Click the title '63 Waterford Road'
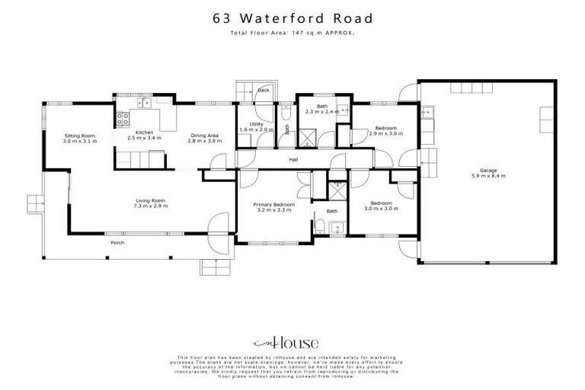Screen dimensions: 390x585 [x=292, y=19]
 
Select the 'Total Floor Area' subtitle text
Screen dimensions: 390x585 [x=292, y=34]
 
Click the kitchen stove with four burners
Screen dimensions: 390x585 [x=123, y=118]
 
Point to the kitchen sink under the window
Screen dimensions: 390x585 [x=141, y=102]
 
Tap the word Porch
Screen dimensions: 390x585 [x=117, y=242]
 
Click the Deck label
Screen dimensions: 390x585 [x=264, y=91]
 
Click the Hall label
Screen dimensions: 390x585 [x=292, y=160]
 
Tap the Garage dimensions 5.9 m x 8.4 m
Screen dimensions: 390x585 [x=488, y=175]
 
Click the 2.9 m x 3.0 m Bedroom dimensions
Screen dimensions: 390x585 [x=385, y=133]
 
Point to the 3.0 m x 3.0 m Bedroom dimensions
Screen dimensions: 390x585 [x=381, y=209]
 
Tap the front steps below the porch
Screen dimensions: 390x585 [x=216, y=267]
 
